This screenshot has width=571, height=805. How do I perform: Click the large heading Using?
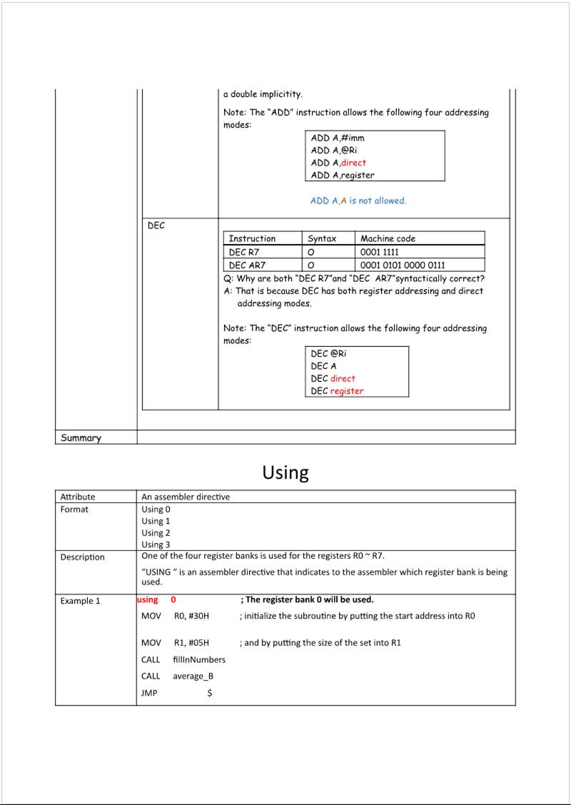pos(285,472)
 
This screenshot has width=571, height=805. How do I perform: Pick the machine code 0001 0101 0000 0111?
pos(403,265)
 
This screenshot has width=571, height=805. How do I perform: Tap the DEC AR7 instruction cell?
pos(247,265)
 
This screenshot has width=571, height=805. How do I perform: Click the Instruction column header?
pos(252,238)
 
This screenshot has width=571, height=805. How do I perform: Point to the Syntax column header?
pos(322,238)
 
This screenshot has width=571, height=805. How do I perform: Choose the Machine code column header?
pos(388,238)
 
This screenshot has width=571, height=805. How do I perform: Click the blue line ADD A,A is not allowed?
pos(358,201)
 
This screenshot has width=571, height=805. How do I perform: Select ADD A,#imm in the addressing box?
pos(338,138)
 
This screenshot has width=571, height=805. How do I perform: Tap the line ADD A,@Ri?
pos(334,150)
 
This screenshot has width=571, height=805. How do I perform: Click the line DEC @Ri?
pos(328,353)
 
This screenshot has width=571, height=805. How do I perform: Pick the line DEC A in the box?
pos(323,365)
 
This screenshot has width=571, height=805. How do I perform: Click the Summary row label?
pos(81,437)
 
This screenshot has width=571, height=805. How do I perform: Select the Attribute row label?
pos(78,497)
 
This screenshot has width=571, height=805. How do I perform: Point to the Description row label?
pos(82,557)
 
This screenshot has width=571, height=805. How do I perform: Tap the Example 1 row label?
pos(80,601)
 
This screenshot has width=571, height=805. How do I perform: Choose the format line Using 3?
pos(156,545)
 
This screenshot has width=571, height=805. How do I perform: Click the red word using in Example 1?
pos(148,599)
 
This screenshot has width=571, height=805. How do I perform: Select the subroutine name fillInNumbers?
pos(199,659)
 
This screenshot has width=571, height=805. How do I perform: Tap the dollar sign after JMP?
pos(209,693)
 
